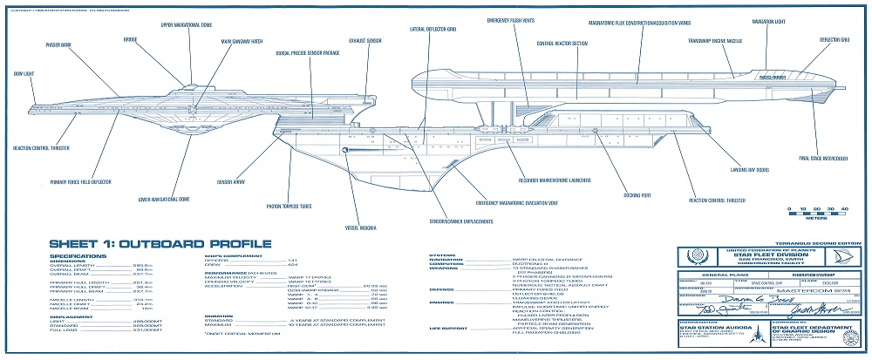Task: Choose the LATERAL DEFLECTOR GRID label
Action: (429, 29)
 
